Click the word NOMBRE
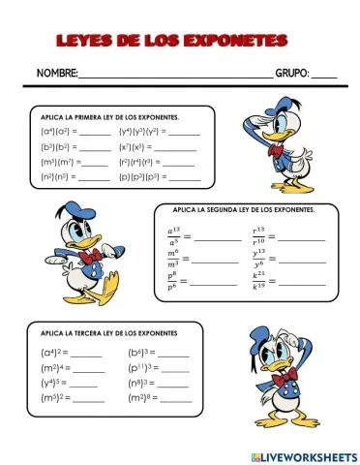coord(56,74)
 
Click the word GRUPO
coord(291,74)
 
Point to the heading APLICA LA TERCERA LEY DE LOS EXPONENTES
coord(104,333)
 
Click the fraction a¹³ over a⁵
coord(174,235)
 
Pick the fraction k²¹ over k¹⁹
coord(258,281)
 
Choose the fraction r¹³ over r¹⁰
coord(258,235)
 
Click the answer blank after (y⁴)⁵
coord(88,385)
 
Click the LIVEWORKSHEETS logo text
coord(307,455)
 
